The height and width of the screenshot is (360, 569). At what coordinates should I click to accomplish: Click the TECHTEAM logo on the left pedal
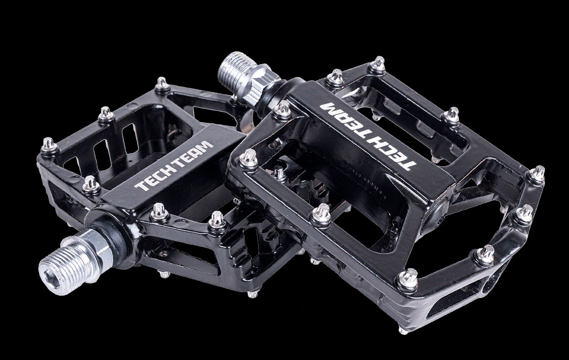tap(174, 166)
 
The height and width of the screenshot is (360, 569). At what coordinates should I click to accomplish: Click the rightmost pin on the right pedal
tap(539, 171)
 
